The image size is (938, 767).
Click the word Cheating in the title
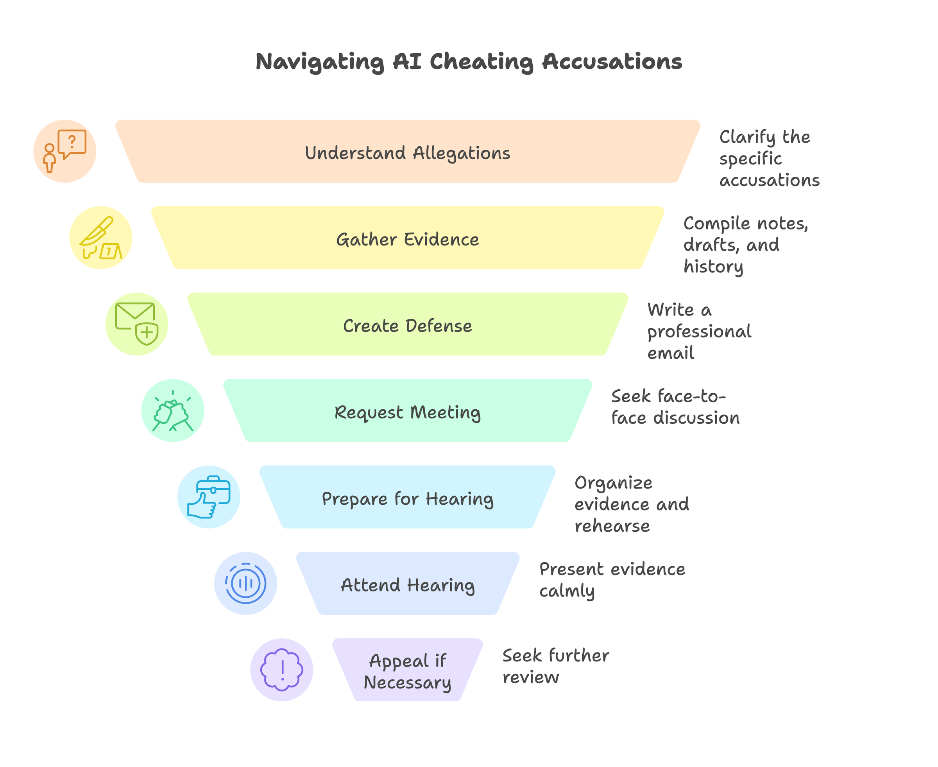pos(481,62)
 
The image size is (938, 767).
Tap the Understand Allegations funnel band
pos(407,153)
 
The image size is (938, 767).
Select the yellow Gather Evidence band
pos(407,239)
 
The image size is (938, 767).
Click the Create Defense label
pos(407,326)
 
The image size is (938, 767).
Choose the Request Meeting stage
pos(407,412)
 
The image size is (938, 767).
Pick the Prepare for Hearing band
pos(407,498)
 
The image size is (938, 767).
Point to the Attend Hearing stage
pos(407,584)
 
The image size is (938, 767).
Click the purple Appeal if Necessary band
pos(407,671)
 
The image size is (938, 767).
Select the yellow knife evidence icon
pos(101,238)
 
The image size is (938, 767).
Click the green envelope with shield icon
pos(137,324)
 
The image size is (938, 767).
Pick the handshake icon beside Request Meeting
pos(173,410)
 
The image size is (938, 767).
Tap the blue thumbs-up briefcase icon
pos(209,496)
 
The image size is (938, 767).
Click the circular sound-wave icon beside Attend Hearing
pos(245,583)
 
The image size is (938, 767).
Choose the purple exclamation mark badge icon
pos(282,669)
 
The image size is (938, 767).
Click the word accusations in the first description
pos(769,180)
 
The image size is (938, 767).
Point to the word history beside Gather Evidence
pos(713,267)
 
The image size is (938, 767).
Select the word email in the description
pos(670,353)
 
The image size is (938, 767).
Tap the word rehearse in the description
pos(612,526)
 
